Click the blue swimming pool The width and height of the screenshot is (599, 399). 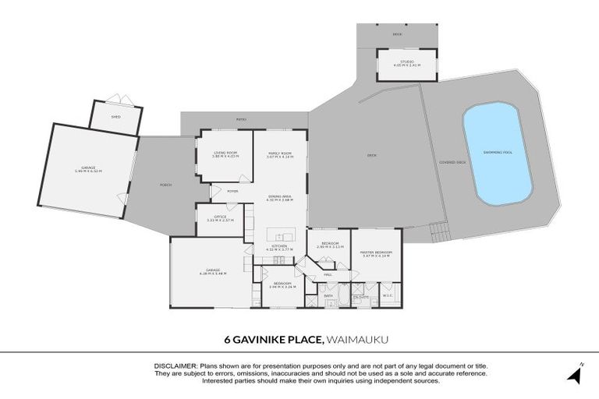coord(498,154)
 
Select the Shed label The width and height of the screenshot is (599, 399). coord(115,117)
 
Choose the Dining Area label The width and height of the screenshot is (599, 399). coord(279,198)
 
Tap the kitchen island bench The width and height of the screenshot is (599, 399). coord(279,235)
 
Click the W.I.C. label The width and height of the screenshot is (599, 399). coord(388,295)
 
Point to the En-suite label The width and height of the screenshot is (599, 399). coord(360,296)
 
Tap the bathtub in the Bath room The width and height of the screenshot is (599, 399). coord(328,303)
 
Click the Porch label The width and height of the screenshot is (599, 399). coord(165,185)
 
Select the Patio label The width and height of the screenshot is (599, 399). coord(242,119)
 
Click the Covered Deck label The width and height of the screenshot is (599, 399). coord(452,162)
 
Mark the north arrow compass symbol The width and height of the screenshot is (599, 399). coord(576,374)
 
